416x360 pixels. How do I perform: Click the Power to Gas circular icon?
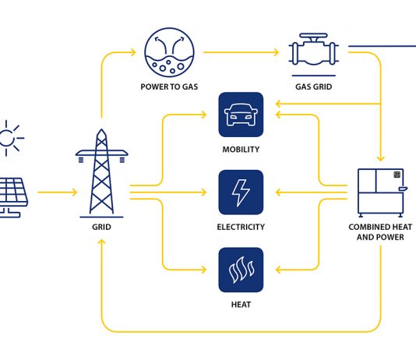(169, 52)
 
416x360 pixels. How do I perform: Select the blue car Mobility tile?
(241, 115)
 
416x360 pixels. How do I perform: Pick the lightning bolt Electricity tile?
(241, 192)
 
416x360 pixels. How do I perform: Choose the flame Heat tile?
(241, 270)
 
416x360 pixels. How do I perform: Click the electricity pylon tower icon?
(101, 173)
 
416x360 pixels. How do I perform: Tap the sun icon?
(9, 138)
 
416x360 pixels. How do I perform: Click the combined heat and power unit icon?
(381, 193)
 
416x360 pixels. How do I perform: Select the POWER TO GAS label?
(169, 86)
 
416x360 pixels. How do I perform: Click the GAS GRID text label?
(314, 86)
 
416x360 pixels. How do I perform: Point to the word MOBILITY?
(241, 150)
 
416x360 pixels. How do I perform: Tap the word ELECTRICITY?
(241, 227)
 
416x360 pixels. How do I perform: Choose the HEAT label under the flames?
(241, 305)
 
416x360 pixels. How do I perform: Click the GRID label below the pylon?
(101, 227)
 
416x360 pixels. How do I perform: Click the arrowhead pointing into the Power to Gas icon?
(133, 52)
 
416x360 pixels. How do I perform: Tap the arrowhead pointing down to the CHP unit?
(381, 158)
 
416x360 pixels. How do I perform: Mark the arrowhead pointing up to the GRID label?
(101, 242)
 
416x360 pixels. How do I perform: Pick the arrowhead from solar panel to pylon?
(74, 192)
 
